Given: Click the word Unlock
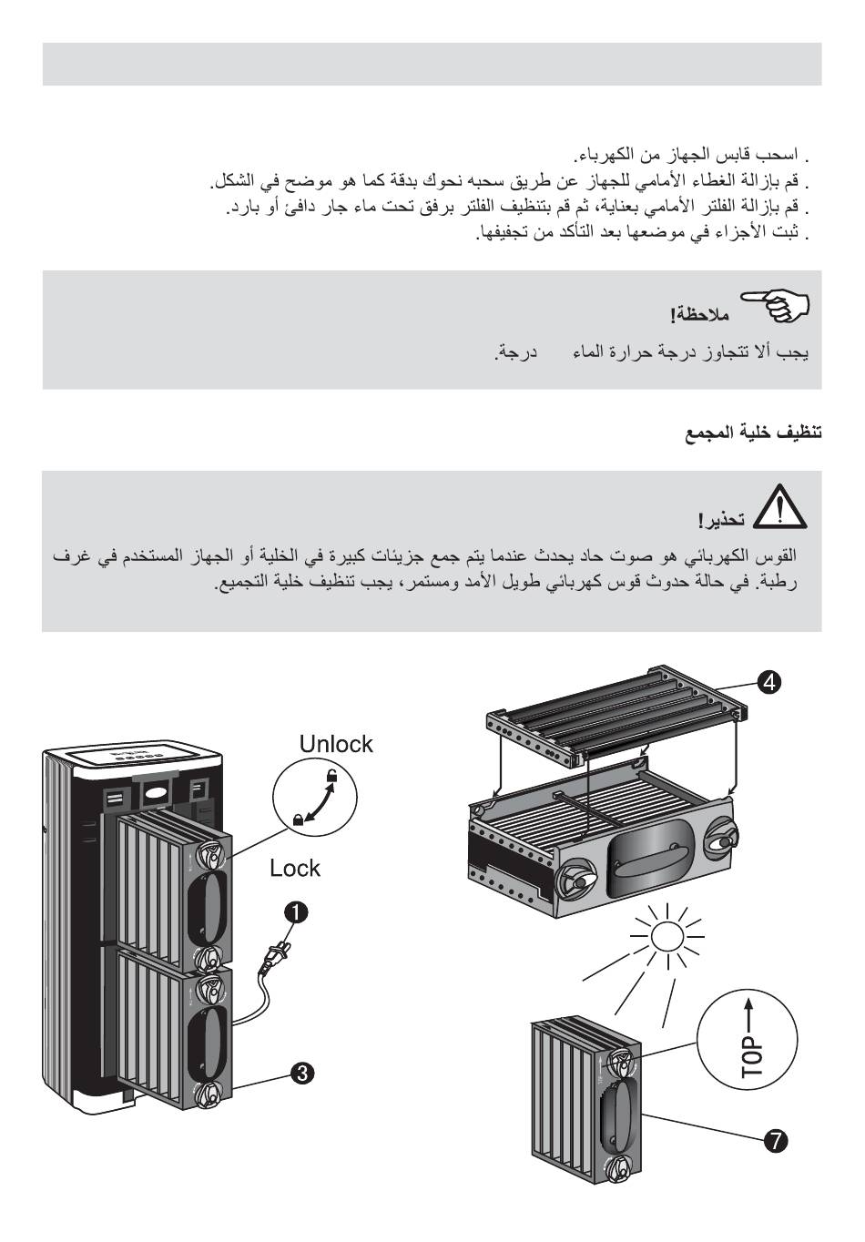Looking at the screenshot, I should (336, 744).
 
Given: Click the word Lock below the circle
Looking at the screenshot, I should (295, 868).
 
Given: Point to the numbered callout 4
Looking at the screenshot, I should (769, 681).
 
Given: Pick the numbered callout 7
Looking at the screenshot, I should (775, 1139).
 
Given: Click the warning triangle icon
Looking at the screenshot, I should (780, 507).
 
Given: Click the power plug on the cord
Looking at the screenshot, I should (274, 956).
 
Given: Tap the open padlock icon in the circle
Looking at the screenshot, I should (333, 776).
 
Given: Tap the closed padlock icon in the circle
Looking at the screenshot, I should (298, 819).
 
